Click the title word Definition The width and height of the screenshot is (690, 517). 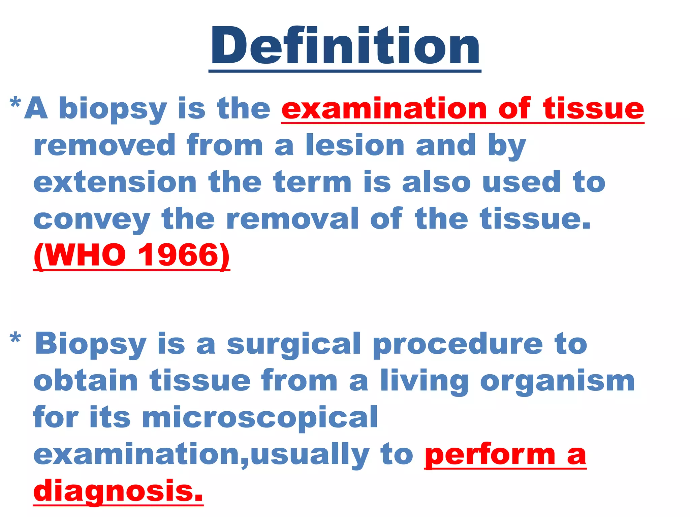click(x=345, y=45)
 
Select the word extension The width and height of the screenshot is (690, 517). click(x=115, y=182)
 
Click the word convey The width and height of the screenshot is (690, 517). click(x=92, y=219)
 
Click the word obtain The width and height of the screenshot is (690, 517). click(x=86, y=381)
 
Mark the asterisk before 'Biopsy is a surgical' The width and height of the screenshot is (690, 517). click(x=15, y=338)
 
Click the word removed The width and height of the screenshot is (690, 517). click(x=104, y=145)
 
